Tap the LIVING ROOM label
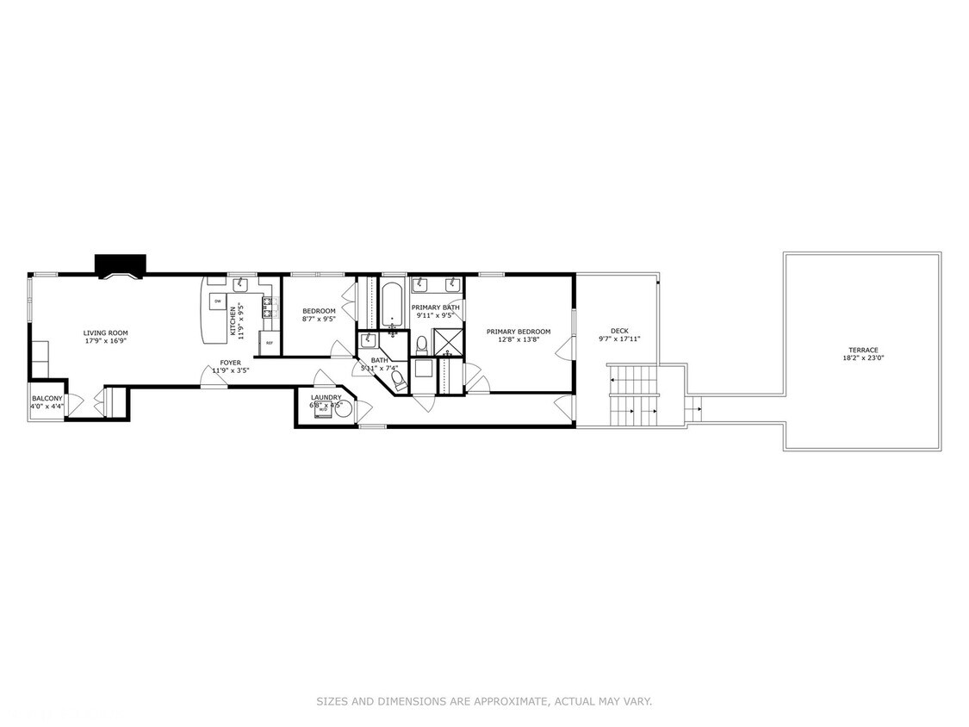coord(105,332)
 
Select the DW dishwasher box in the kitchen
coord(217,301)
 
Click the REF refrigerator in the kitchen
coord(269,343)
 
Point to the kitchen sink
coord(240,285)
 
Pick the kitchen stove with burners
coord(269,303)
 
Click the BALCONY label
coord(47,398)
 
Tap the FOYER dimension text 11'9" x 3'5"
coord(230,370)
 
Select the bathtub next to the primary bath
coord(393,305)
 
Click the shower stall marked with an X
coord(448,344)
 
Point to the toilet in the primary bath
coord(421,345)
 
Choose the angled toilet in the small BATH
coord(399,380)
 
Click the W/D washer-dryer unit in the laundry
coord(323,410)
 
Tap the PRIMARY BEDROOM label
coord(518,332)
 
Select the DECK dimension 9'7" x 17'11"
coord(619,339)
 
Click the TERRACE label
coord(862,350)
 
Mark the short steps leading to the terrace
coord(693,409)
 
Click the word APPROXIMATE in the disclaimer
coord(506,702)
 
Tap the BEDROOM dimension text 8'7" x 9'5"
coord(319,319)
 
